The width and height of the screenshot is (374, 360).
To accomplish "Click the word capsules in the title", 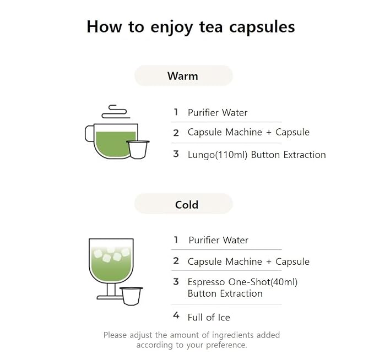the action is point(262,27).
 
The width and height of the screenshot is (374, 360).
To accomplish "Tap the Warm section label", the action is point(183,76).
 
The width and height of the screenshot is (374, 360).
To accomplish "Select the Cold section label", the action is point(187,205).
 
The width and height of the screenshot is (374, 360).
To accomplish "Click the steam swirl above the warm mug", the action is point(116,112).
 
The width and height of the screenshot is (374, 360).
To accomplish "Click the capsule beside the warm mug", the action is point(138,150).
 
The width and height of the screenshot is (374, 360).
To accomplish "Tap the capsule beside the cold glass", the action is point(131,296).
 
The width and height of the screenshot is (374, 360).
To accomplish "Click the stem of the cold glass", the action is point(111,290).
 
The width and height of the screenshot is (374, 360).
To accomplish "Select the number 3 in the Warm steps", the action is point(176,154).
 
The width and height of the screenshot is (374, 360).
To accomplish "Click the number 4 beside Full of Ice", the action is point(176,315).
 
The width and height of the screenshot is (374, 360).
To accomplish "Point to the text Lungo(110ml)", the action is point(218,155).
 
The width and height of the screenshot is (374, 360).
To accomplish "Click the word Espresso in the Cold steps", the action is point(207,282).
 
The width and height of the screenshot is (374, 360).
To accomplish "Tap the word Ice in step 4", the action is point(224,318).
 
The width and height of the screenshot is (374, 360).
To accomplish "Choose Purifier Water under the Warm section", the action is point(218,112).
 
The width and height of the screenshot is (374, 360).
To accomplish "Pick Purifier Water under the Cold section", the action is point(219,240).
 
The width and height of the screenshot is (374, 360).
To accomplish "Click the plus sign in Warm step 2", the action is point(269,133).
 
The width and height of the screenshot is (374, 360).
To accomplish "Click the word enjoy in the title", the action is point(171,28).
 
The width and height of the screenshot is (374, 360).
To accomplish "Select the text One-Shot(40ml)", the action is point(263,282).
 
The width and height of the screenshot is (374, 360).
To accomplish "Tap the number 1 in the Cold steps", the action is point(176,239).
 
